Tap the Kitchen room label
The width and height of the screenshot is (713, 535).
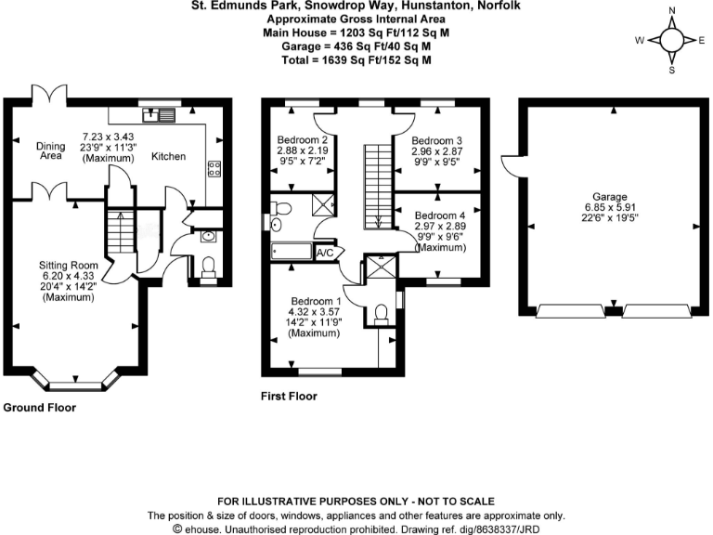click(x=168, y=156)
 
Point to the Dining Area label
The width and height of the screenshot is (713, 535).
click(x=49, y=150)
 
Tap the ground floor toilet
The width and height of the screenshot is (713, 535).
click(x=208, y=265)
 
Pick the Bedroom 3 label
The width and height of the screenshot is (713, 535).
click(x=437, y=141)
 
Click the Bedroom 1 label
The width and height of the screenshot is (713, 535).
click(x=317, y=301)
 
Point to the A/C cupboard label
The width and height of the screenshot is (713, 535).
click(x=325, y=252)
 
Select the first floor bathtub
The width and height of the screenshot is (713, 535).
click(x=292, y=252)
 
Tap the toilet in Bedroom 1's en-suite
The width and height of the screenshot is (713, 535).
click(x=381, y=315)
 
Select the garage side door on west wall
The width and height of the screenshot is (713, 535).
click(x=508, y=164)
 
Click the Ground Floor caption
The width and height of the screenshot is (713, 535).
click(x=40, y=408)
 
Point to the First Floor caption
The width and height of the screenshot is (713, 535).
click(x=289, y=397)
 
